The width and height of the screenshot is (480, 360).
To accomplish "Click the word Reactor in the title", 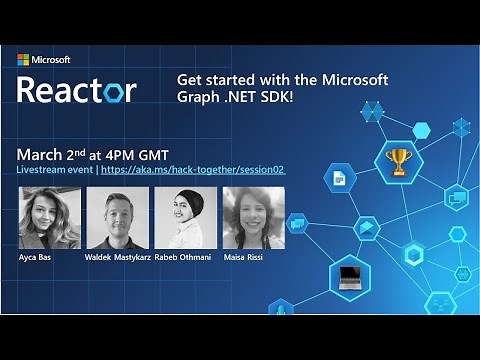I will (75, 90).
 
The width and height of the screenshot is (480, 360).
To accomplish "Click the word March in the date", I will (42, 155).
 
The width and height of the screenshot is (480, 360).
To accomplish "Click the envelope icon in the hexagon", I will (366, 228).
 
